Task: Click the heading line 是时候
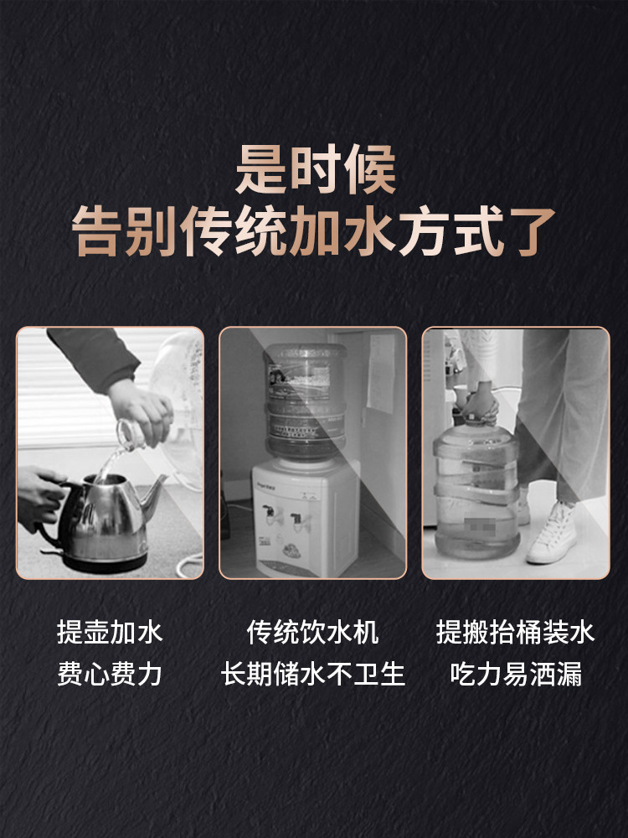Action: (x=314, y=169)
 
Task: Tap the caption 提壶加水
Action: (x=110, y=632)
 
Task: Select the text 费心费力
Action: (x=110, y=675)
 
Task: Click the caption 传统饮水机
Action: (x=313, y=632)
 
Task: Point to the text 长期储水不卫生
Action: (x=313, y=675)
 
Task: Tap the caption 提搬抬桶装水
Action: (x=515, y=632)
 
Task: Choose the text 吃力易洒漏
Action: (x=515, y=675)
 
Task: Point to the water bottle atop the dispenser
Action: (x=305, y=402)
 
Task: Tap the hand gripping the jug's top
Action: (x=479, y=402)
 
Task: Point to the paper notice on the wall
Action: (x=381, y=373)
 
